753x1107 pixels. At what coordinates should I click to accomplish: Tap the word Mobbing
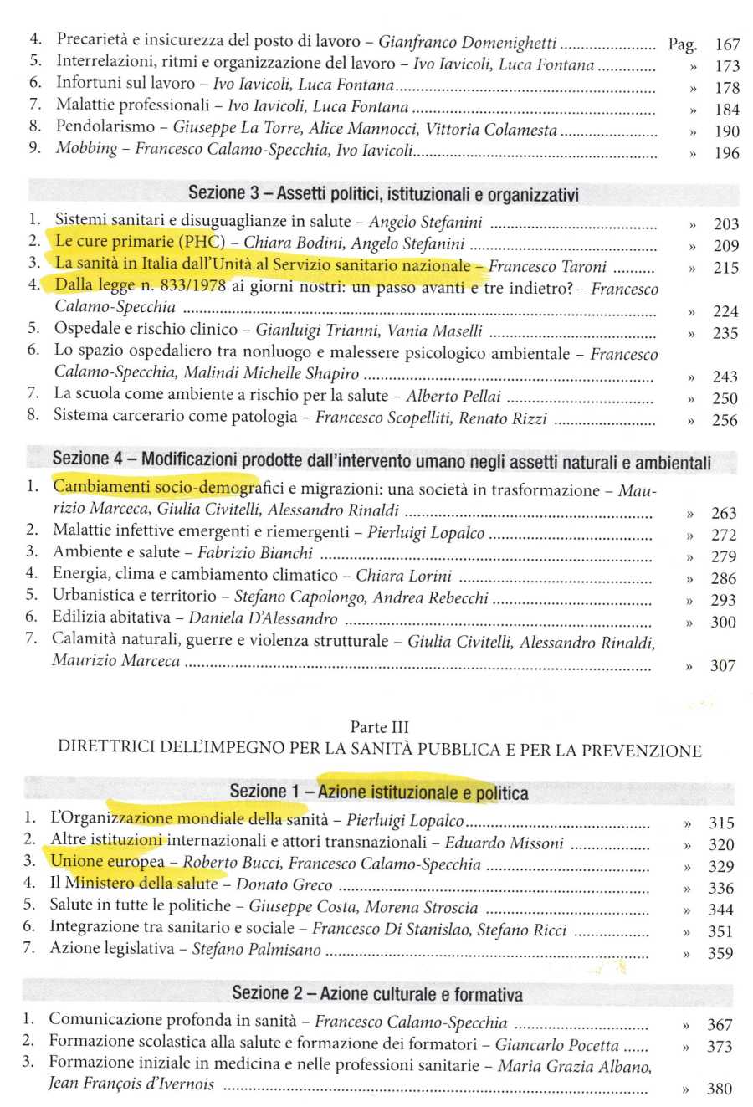click(x=87, y=148)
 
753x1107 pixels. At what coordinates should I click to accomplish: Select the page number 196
click(x=727, y=153)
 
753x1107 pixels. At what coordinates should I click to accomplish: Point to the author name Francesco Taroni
click(x=548, y=267)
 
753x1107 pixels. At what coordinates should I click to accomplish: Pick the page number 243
click(x=725, y=377)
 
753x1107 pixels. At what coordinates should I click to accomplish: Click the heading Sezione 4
click(x=92, y=459)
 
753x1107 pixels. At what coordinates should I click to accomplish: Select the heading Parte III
click(x=380, y=727)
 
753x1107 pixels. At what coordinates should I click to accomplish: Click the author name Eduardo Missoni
click(x=504, y=843)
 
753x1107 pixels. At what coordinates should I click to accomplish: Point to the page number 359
click(x=720, y=953)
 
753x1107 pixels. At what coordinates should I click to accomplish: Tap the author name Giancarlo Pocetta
click(x=556, y=1045)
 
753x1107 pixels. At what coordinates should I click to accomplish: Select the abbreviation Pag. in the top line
click(x=683, y=45)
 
